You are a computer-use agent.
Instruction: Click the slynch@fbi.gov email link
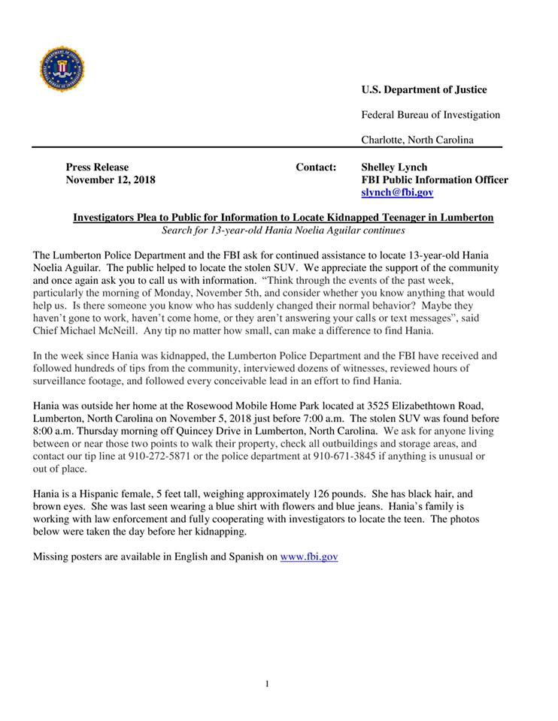(x=397, y=192)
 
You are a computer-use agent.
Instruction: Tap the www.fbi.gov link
(x=309, y=557)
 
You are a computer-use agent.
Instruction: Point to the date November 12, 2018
(x=111, y=179)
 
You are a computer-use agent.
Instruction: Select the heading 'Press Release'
(x=97, y=167)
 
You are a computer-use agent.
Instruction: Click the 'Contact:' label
(x=316, y=167)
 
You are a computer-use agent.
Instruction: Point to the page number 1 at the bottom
(x=266, y=683)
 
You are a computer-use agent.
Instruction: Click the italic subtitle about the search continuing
(x=283, y=230)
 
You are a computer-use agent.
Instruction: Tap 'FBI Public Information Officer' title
(x=435, y=179)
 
